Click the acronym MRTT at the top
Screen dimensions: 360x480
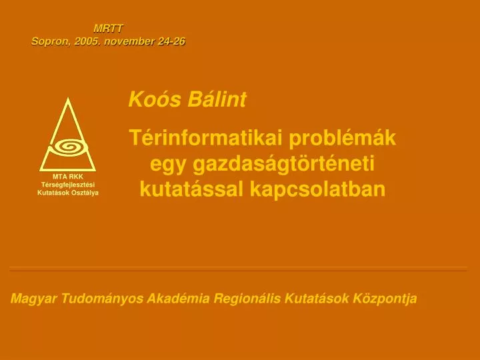click(x=108, y=28)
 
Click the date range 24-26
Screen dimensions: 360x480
click(x=171, y=41)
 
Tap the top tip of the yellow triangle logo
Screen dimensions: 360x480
click(x=67, y=99)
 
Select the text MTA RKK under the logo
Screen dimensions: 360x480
click(x=68, y=176)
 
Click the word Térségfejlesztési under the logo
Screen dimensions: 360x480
click(x=68, y=184)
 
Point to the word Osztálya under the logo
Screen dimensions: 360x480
click(x=84, y=192)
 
